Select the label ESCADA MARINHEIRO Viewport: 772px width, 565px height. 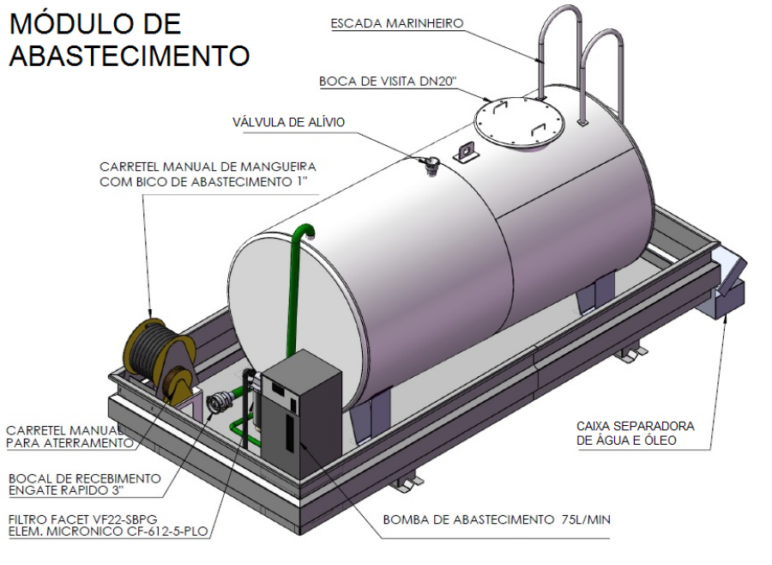(x=397, y=24)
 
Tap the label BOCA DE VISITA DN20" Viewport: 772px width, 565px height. (x=388, y=82)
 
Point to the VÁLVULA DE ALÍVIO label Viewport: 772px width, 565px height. (x=289, y=122)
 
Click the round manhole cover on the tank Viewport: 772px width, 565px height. (x=519, y=121)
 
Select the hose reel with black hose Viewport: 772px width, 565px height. (x=154, y=351)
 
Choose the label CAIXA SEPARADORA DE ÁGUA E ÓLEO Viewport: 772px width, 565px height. (x=635, y=434)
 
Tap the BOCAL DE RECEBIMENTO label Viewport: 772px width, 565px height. (x=83, y=477)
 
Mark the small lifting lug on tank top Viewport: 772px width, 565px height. (x=467, y=150)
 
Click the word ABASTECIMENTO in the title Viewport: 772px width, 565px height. (x=129, y=56)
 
